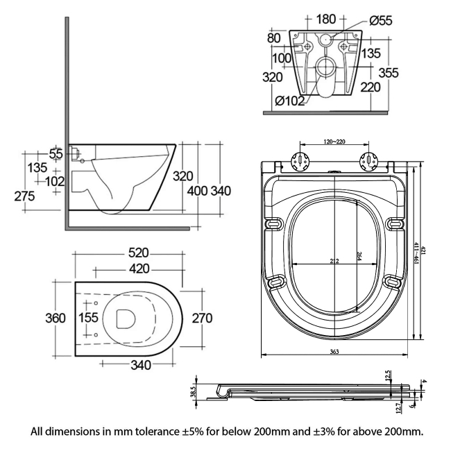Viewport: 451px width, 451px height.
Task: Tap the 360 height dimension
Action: click(x=56, y=318)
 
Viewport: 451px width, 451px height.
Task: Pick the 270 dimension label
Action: click(x=201, y=318)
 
